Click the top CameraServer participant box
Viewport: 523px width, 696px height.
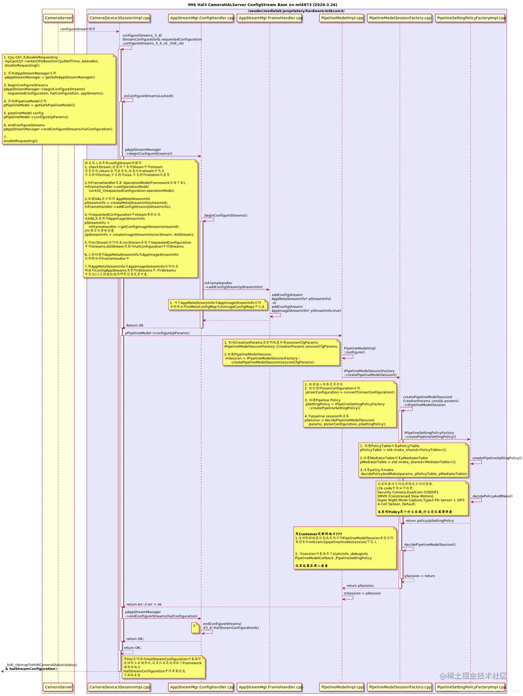pos(58,18)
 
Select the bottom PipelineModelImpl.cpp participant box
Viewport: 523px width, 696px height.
pos(342,687)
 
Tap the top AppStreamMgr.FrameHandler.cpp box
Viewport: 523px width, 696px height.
pos(270,18)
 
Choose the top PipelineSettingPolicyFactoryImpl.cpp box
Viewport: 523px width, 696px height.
pos(471,18)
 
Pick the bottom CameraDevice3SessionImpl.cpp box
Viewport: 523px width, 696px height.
pos(119,687)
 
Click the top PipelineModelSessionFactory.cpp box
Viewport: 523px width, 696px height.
pos(400,18)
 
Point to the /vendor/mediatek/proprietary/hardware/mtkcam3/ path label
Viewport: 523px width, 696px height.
pos(296,11)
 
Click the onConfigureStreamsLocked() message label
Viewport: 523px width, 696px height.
pos(148,96)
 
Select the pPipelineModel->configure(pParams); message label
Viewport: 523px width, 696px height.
pos(157,333)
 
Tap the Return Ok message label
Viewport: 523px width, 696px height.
pos(135,326)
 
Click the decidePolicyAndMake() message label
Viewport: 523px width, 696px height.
pos(492,496)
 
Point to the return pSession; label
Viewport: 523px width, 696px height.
pos(360,586)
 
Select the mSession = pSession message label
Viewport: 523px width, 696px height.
pos(362,593)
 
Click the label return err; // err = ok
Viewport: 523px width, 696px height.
pos(144,604)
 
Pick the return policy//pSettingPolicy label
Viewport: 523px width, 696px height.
pos(429,521)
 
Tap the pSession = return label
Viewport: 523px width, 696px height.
pos(419,576)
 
